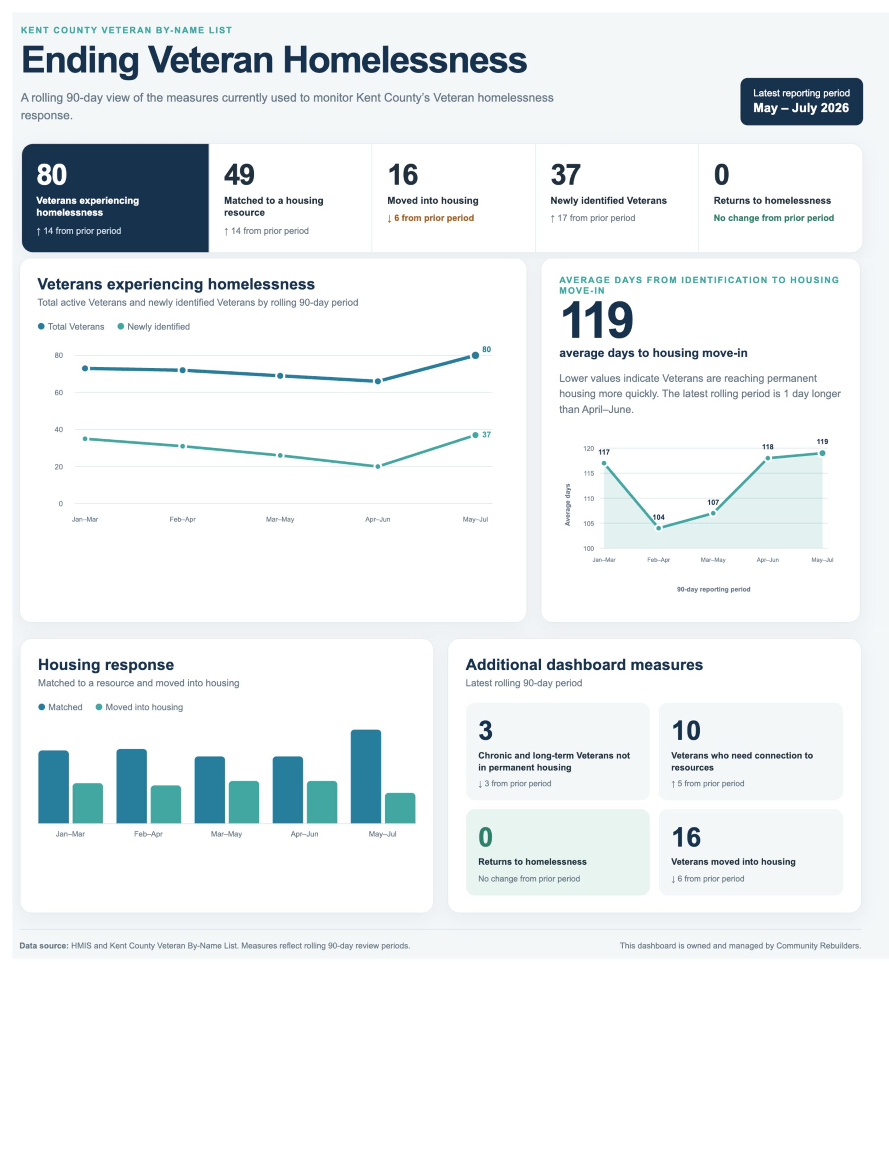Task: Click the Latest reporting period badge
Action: click(801, 101)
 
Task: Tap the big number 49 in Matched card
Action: click(239, 174)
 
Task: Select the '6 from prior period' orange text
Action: click(434, 218)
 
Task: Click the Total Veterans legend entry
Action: click(71, 326)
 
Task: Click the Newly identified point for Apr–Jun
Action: click(378, 466)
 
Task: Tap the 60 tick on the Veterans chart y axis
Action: click(58, 393)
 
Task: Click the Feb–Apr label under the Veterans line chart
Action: click(182, 519)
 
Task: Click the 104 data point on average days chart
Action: click(658, 528)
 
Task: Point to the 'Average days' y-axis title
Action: click(568, 504)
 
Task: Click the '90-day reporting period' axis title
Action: click(714, 589)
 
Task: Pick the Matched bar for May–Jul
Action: click(366, 776)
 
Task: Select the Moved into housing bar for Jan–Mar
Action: click(88, 803)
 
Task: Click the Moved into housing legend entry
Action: click(139, 707)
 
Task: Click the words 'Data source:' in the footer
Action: click(44, 946)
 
